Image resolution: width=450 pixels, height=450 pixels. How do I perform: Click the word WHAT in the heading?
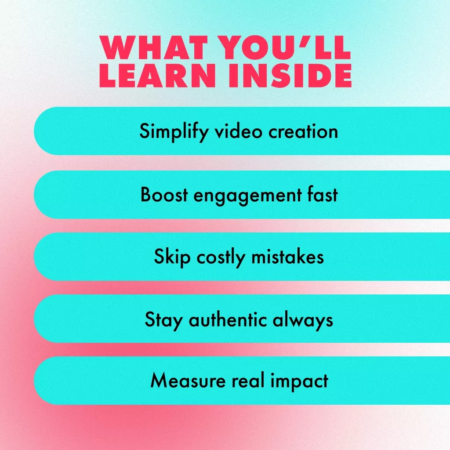pyautogui.click(x=153, y=47)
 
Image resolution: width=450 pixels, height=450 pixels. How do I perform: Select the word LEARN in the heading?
pyautogui.click(x=158, y=75)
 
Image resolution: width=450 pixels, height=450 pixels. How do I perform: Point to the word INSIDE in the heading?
pyautogui.click(x=290, y=75)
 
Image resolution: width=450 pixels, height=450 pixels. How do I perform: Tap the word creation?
pyautogui.click(x=303, y=132)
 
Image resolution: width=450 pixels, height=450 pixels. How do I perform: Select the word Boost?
pyautogui.click(x=164, y=195)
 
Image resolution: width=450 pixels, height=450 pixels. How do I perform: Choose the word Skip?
pyautogui.click(x=172, y=257)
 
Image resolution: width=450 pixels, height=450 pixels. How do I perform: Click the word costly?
pyautogui.click(x=221, y=258)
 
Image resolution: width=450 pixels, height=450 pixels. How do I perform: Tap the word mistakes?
pyautogui.click(x=287, y=257)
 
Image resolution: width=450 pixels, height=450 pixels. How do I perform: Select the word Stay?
pyautogui.click(x=164, y=320)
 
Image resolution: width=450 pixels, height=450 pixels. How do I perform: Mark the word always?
pyautogui.click(x=303, y=320)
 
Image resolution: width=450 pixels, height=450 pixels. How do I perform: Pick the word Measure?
pyautogui.click(x=188, y=381)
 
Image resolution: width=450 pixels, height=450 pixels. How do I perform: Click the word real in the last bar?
pyautogui.click(x=248, y=381)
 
